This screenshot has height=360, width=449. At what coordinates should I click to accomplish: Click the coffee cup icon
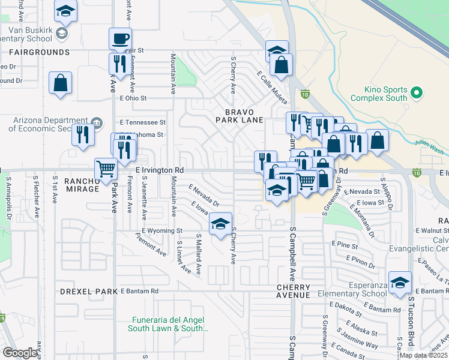120,40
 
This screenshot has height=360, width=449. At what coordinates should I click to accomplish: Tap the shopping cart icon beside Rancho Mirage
106,169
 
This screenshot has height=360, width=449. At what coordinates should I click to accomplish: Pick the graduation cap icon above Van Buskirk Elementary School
65,11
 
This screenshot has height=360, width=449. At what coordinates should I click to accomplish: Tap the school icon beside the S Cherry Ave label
220,224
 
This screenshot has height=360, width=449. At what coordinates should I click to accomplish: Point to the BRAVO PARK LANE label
240,116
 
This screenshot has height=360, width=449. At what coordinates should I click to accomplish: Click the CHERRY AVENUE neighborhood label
294,291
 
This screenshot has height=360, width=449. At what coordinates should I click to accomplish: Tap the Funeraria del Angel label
168,324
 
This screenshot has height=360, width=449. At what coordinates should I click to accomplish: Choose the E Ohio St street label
133,98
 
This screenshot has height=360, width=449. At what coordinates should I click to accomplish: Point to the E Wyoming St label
161,230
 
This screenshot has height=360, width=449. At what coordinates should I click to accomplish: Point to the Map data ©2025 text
424,355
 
